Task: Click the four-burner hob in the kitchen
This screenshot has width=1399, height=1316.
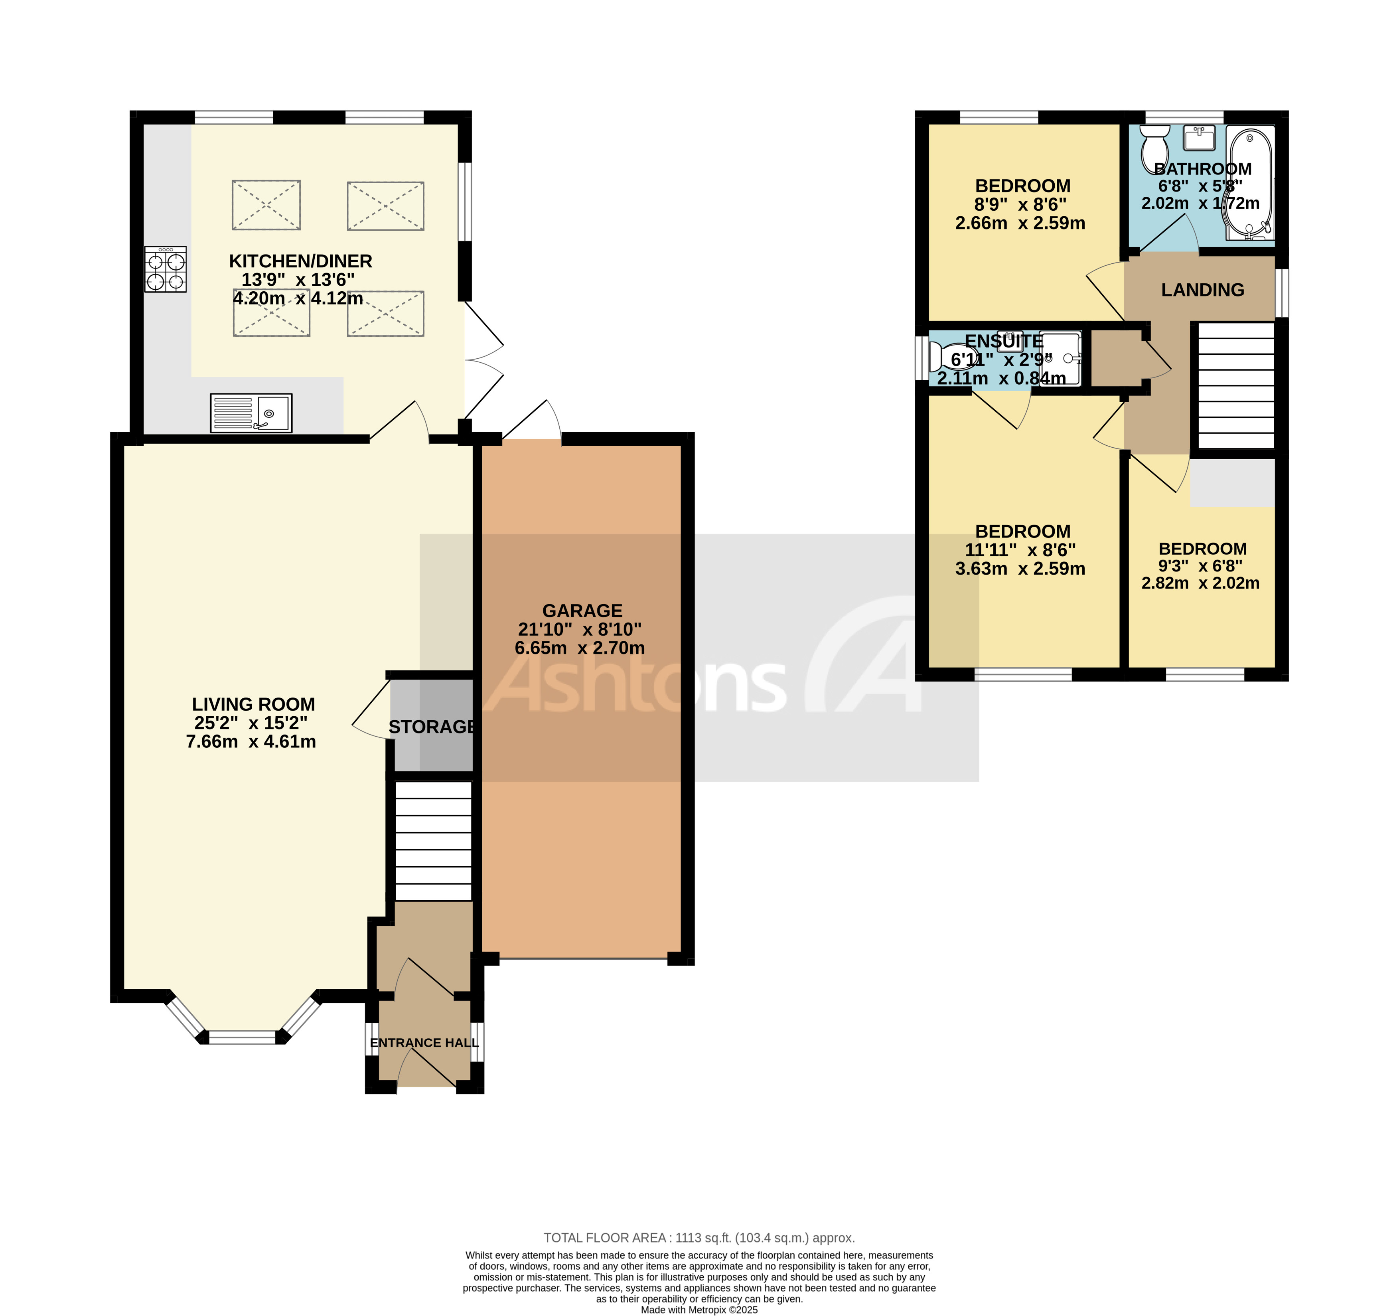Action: [166, 269]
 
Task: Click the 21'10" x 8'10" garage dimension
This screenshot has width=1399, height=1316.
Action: [580, 629]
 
